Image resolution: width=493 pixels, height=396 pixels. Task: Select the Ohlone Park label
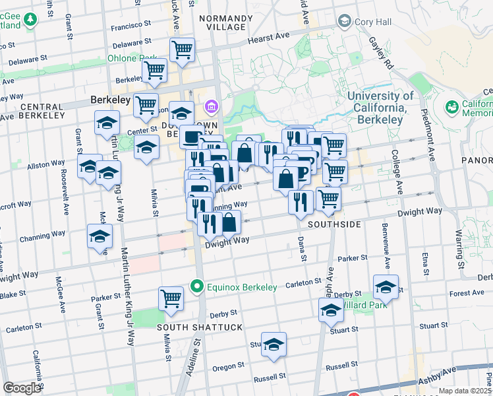coord(132,59)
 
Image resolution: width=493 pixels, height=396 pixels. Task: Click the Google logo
coord(22,388)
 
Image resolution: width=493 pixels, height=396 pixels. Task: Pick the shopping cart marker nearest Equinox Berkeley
coord(171,298)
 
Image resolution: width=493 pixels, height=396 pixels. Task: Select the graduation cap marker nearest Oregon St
coord(274,345)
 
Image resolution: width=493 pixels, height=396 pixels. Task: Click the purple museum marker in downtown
coord(212,106)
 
